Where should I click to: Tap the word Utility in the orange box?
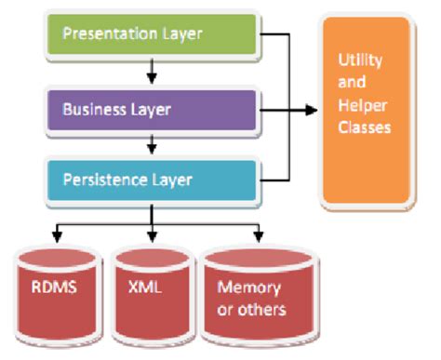357,60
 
